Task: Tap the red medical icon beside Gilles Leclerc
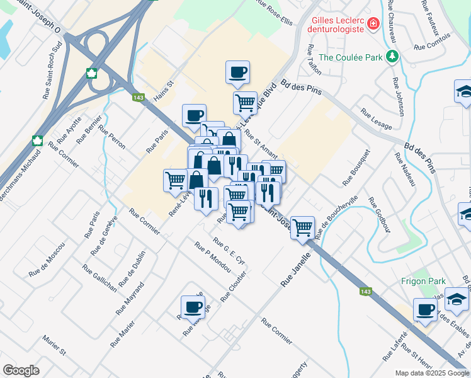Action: point(373,24)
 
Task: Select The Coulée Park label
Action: point(351,57)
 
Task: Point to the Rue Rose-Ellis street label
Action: point(275,12)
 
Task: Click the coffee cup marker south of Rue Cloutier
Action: point(193,307)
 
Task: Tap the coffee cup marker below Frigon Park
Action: point(426,310)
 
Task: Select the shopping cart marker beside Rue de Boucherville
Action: point(303,227)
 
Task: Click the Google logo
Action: point(21,370)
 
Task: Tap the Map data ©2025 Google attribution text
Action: point(431,373)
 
